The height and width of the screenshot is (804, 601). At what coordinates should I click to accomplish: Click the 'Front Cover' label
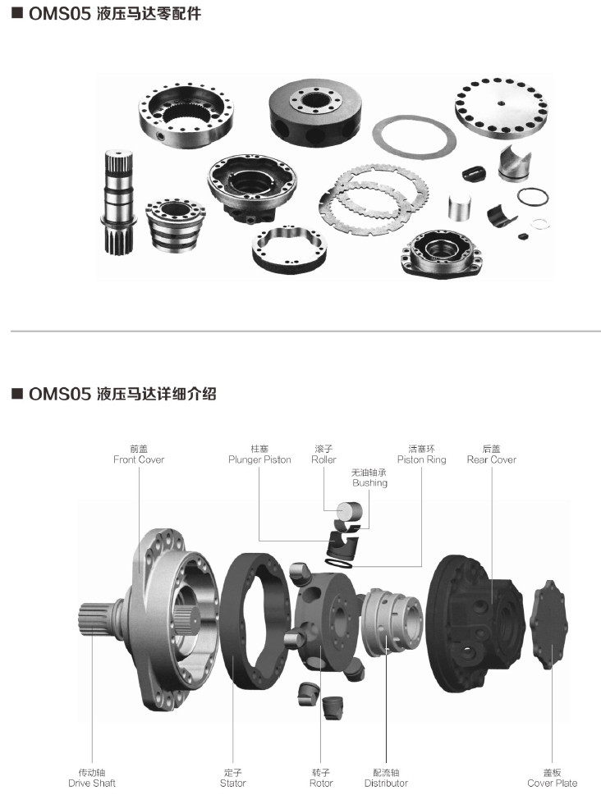point(139,459)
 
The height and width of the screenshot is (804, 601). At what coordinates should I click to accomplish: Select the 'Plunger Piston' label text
point(259,459)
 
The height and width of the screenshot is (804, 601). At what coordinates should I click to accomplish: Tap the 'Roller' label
point(323,459)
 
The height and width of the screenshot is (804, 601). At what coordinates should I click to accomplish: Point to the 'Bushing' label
point(369,482)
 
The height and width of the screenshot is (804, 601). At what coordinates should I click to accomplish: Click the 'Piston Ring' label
point(421,459)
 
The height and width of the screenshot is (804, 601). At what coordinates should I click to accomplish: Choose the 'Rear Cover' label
point(492,459)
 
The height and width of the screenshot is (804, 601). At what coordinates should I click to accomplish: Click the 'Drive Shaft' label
point(92,783)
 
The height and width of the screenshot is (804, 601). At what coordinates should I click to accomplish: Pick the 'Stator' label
point(233,783)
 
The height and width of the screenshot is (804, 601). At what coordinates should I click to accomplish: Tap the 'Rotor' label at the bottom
point(321,783)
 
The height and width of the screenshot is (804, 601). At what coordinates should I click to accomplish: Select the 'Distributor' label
point(386,783)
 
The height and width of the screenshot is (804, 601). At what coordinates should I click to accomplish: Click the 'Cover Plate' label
point(553,783)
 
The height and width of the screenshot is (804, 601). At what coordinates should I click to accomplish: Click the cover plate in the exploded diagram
point(549,624)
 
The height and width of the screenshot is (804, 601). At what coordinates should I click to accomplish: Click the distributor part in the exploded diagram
point(392,622)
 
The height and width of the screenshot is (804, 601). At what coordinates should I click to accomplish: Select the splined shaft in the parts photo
point(118,202)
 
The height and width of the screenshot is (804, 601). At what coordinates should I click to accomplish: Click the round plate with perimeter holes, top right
point(501,107)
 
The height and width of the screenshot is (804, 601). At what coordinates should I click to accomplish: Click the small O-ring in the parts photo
point(533,196)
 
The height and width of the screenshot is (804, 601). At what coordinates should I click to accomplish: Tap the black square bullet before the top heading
point(17,12)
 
